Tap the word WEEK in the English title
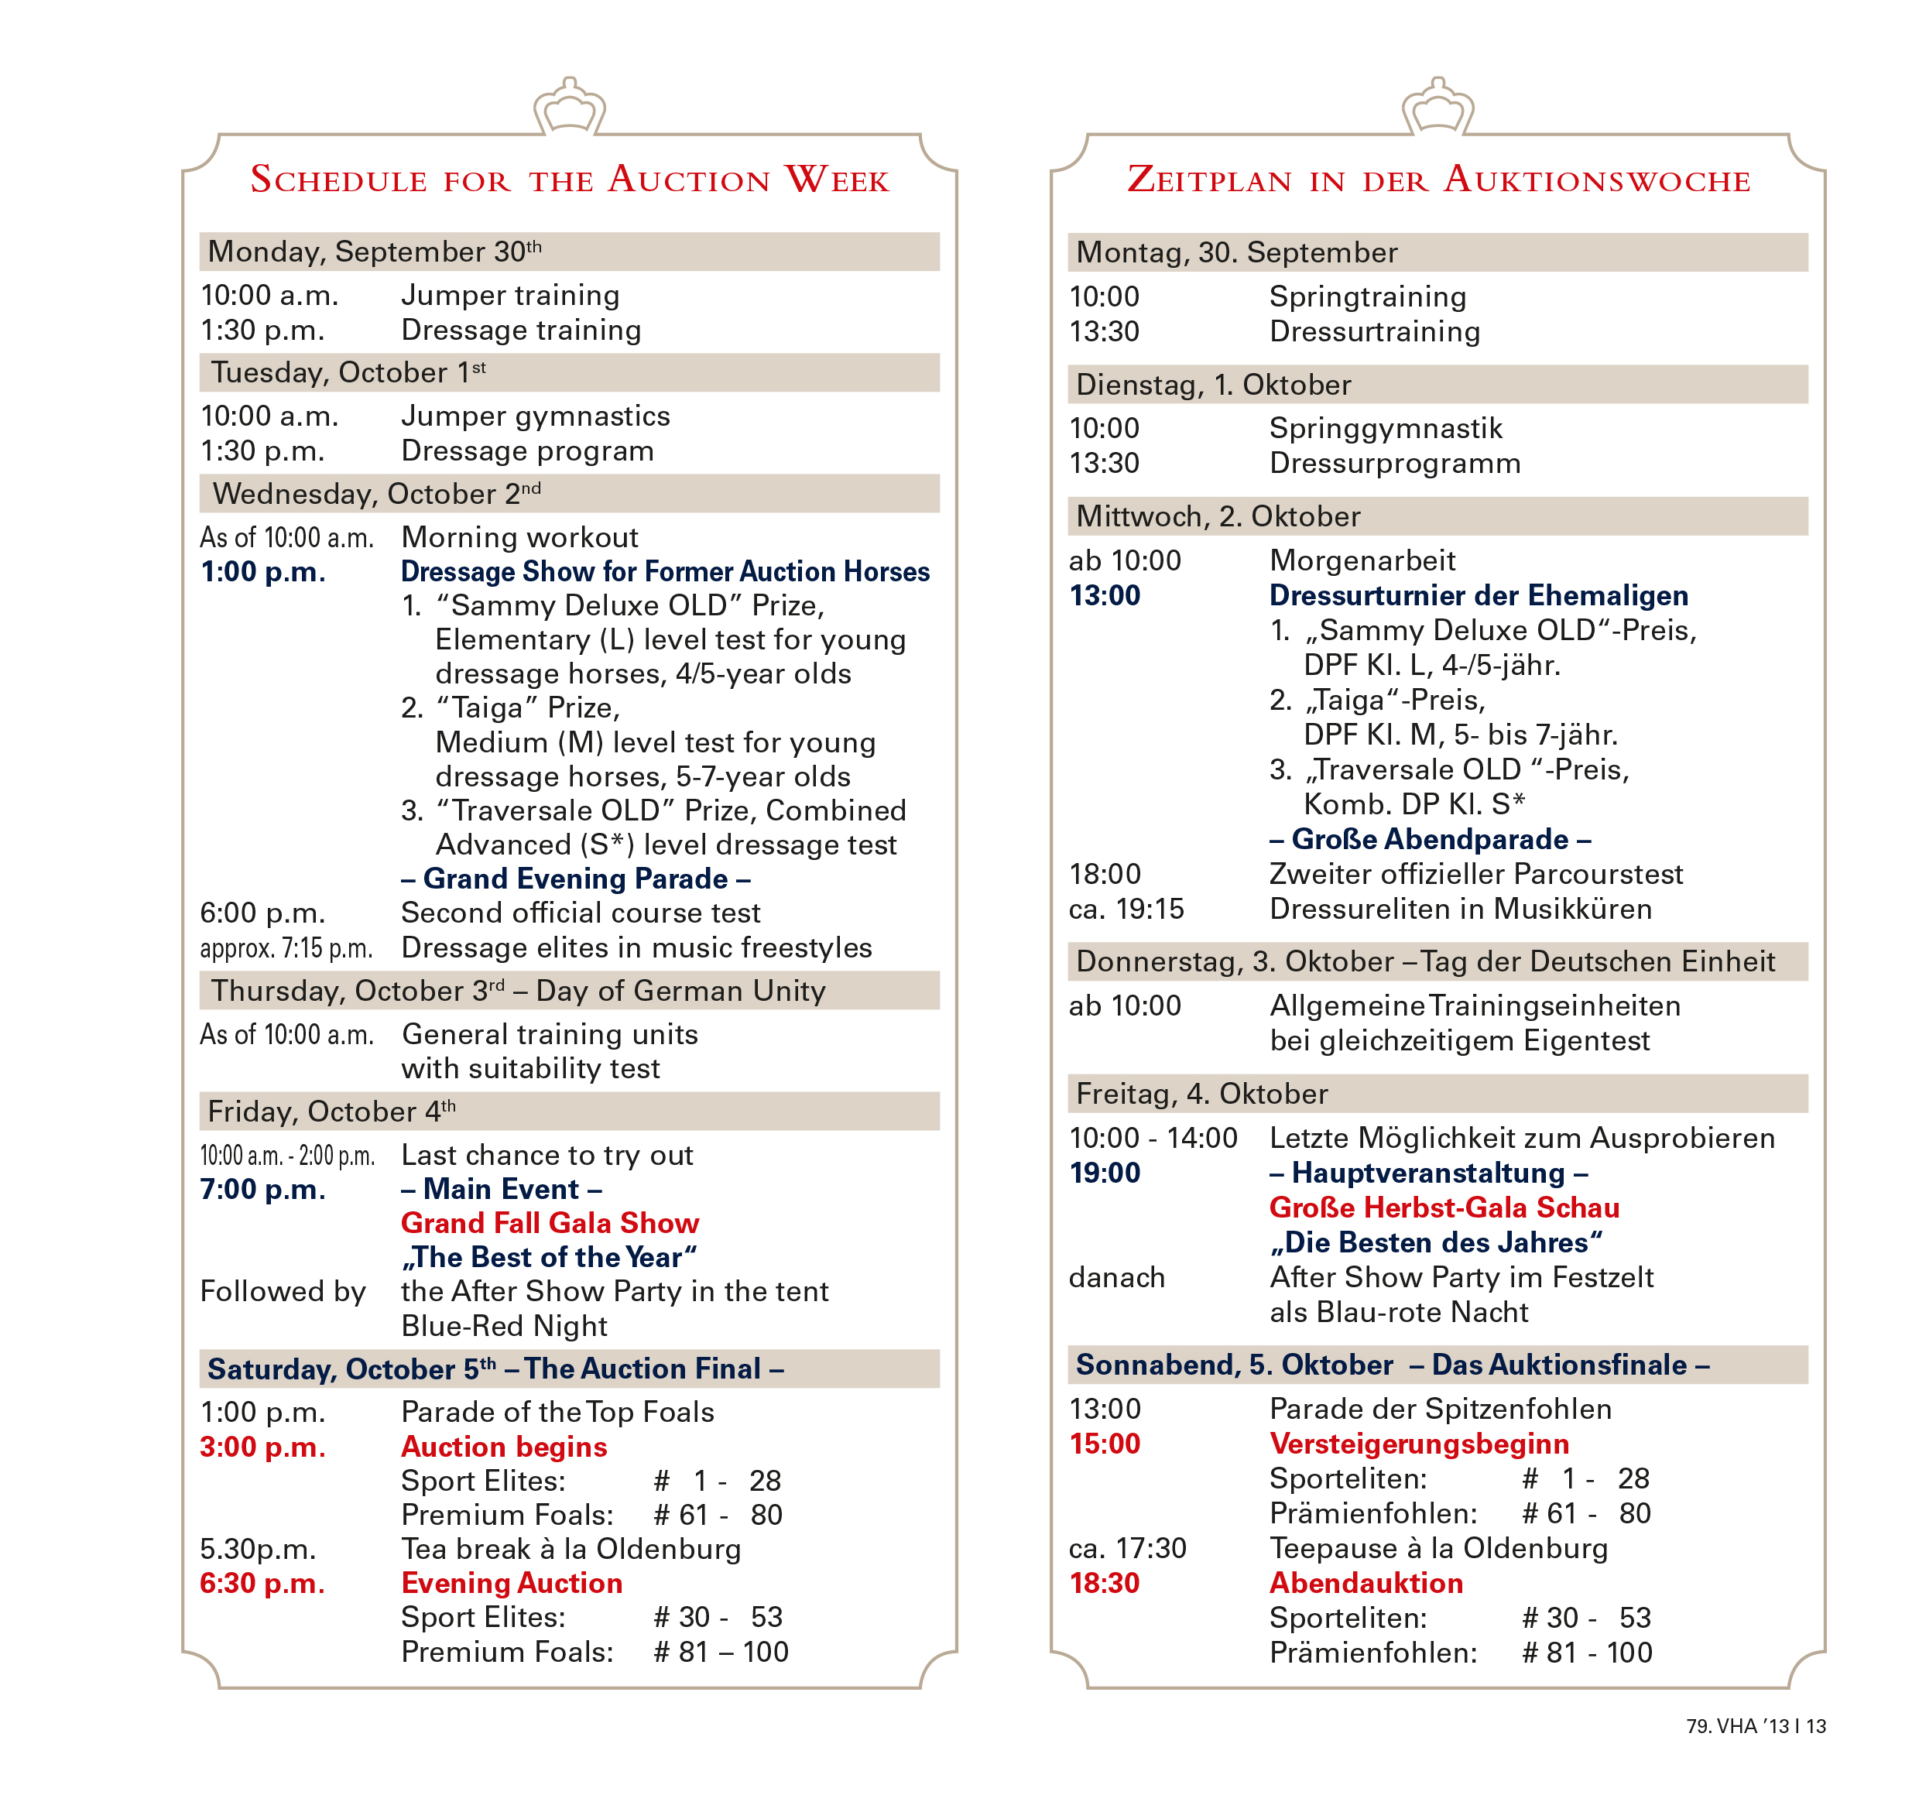837,180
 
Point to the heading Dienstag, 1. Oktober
1212,385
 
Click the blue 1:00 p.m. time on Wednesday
262,572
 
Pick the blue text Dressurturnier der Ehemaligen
1478,595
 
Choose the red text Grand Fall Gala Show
550,1224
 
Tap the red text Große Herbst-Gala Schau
1444,1208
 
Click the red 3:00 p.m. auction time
262,1447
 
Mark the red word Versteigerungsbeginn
1419,1444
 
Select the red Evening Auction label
512,1584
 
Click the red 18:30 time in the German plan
1105,1584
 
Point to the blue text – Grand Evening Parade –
576,879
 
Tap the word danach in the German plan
1116,1278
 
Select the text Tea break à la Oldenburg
571,1550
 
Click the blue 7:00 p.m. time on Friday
262,1190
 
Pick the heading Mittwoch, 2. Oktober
1217,517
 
